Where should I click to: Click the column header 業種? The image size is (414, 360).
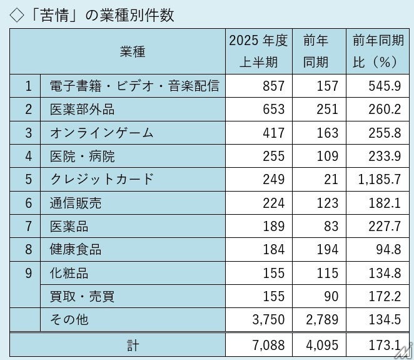click(132, 52)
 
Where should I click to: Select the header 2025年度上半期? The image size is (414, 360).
click(258, 52)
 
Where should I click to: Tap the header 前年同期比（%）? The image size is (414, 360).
click(376, 52)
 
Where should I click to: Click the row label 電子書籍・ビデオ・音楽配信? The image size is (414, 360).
click(134, 86)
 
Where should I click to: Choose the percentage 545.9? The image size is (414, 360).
click(386, 86)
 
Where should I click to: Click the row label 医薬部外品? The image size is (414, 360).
click(82, 110)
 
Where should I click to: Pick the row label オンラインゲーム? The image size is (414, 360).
click(101, 133)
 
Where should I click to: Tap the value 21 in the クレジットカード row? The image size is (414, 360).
click(331, 180)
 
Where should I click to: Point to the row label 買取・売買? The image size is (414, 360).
click(82, 296)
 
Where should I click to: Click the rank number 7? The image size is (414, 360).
click(28, 226)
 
